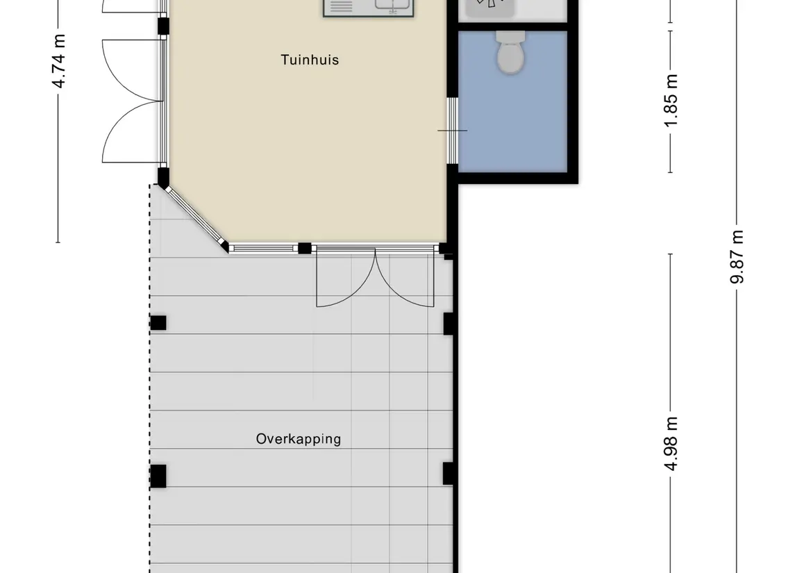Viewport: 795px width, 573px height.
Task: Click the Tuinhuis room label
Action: click(310, 60)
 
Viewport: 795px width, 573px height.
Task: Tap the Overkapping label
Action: click(298, 439)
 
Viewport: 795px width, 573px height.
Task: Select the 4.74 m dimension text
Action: click(59, 61)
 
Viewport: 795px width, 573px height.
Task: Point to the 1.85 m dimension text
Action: click(670, 101)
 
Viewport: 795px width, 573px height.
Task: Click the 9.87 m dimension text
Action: click(737, 256)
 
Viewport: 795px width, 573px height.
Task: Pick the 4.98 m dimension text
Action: click(670, 444)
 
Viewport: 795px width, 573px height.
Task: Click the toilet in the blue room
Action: click(510, 52)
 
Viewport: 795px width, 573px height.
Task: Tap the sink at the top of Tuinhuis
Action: click(369, 7)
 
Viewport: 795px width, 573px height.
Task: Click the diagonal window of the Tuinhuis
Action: click(196, 217)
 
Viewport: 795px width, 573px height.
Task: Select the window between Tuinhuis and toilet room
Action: click(452, 131)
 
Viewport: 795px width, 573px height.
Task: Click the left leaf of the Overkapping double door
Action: click(346, 278)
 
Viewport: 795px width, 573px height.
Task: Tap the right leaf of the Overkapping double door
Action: click(405, 278)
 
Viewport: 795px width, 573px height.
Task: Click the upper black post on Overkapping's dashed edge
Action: click(158, 323)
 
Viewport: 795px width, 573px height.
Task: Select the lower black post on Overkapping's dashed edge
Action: click(158, 476)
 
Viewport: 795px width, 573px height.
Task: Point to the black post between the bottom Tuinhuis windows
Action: click(304, 248)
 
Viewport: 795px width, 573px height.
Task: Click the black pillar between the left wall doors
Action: click(162, 26)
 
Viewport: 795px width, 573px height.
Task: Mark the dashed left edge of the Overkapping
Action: click(150, 379)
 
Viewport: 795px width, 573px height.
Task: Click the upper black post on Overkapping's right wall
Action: click(449, 324)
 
